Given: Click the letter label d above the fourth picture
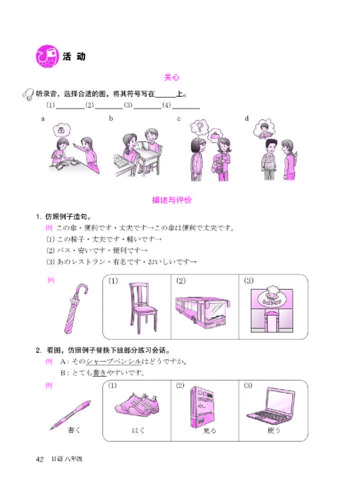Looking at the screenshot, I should [247, 118].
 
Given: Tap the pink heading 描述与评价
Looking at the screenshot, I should [172, 200].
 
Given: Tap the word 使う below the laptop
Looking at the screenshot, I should [274, 430].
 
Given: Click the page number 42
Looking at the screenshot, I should [40, 459].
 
